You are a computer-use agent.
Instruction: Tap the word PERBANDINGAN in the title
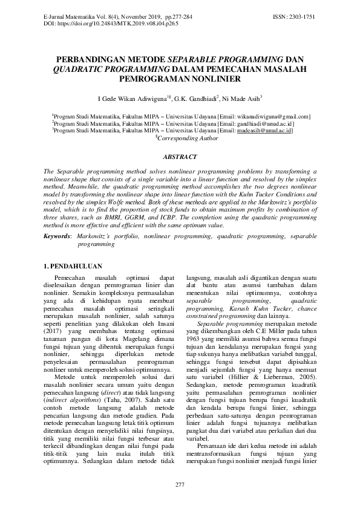click(89, 60)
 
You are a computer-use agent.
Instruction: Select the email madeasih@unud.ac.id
click(264, 129)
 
